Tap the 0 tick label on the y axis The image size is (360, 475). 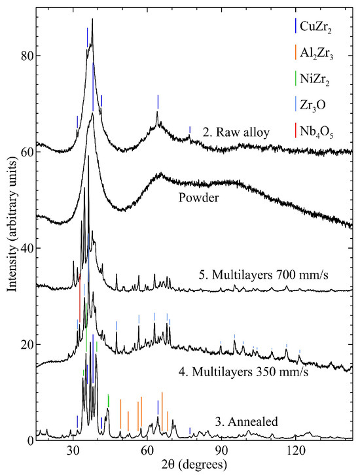pos(29,440)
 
